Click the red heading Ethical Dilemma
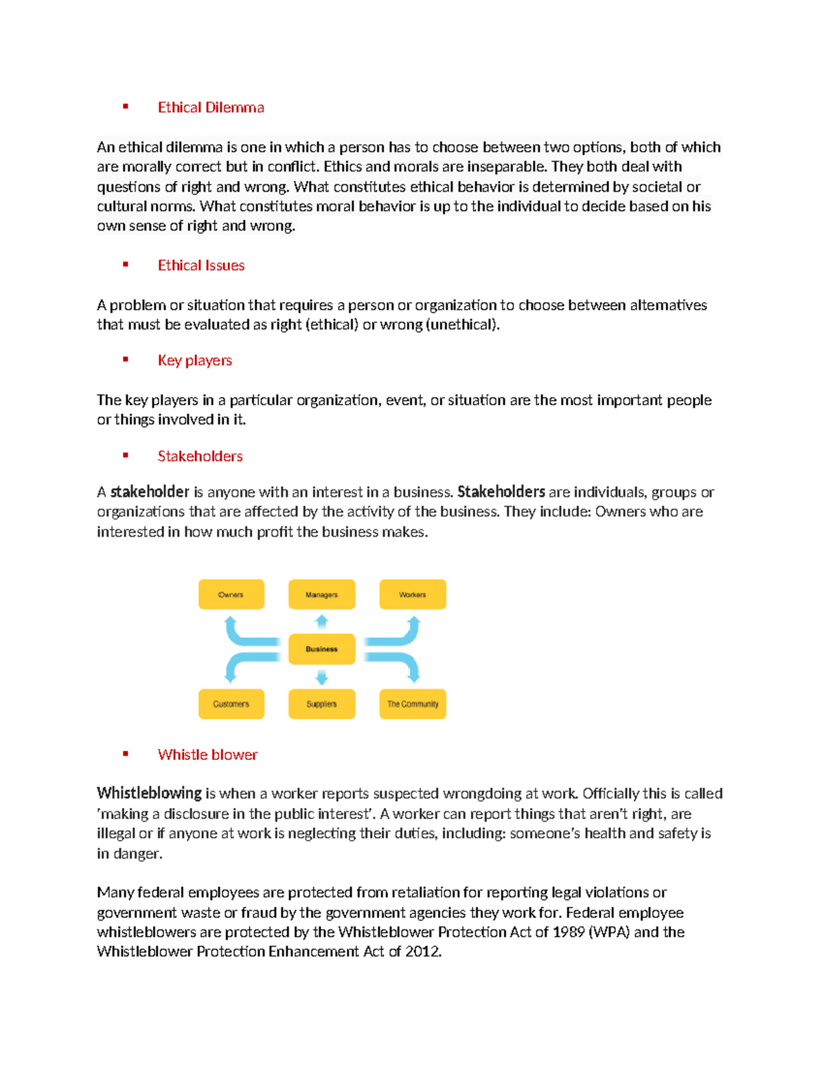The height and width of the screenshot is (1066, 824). point(211,107)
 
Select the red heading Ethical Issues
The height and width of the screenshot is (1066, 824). point(201,265)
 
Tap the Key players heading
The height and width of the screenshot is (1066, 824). point(195,360)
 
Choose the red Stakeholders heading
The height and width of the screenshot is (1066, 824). point(200,456)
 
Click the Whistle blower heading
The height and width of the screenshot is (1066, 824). point(207,754)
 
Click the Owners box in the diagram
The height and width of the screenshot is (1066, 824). point(231,594)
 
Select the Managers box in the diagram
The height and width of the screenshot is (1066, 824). point(321,594)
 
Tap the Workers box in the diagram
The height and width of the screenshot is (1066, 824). point(413,594)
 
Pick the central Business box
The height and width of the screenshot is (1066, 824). point(321,649)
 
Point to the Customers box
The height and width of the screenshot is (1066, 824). point(231,704)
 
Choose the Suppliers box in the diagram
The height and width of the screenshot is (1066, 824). point(321,704)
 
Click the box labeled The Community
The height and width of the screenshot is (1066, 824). point(413,704)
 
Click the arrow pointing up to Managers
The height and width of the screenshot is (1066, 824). point(321,622)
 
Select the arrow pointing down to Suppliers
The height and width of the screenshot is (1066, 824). point(321,677)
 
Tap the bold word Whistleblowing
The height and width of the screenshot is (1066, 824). point(149,793)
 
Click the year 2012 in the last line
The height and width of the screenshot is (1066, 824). point(422,951)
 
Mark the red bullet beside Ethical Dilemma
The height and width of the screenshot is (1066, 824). point(126,106)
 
